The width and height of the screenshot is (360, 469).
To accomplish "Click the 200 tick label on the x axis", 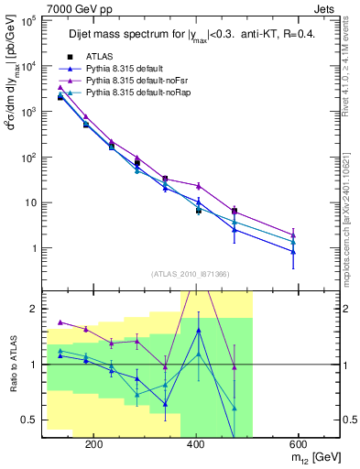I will (x=93, y=442).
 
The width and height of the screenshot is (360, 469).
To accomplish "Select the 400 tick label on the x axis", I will (x=195, y=442).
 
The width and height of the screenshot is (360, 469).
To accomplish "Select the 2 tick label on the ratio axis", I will (x=35, y=309).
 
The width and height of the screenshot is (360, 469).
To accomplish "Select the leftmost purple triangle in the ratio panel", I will (x=60, y=322).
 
